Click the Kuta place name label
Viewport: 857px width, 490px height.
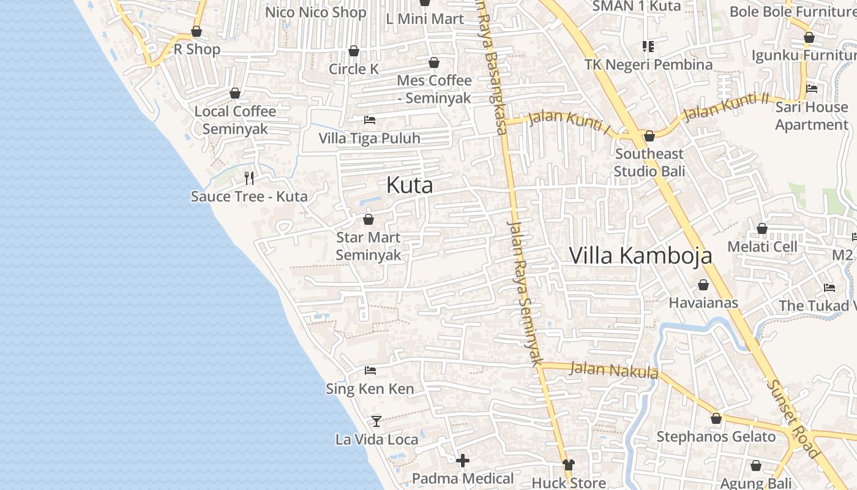[410, 186]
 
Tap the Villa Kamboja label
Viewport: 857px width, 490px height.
[640, 255]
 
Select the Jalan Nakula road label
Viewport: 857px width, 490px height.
[613, 369]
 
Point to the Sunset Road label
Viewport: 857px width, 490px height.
[793, 419]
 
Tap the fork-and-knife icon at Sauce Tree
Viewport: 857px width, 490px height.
[249, 178]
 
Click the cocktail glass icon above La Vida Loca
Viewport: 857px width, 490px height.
[376, 421]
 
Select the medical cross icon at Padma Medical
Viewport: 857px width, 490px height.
[463, 461]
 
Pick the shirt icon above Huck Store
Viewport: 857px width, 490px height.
[569, 466]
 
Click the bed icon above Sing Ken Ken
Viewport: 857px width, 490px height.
[370, 371]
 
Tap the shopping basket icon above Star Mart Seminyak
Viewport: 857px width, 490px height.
[369, 219]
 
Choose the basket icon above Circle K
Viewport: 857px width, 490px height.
[354, 51]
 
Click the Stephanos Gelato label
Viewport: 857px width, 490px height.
[716, 437]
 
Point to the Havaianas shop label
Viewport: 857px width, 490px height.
[703, 303]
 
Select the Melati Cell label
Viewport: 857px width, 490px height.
[762, 247]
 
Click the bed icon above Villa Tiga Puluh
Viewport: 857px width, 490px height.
[370, 120]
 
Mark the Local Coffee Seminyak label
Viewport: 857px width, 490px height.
[235, 120]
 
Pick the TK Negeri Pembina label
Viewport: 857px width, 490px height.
[648, 64]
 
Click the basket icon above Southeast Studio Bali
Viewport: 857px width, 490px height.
[649, 136]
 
